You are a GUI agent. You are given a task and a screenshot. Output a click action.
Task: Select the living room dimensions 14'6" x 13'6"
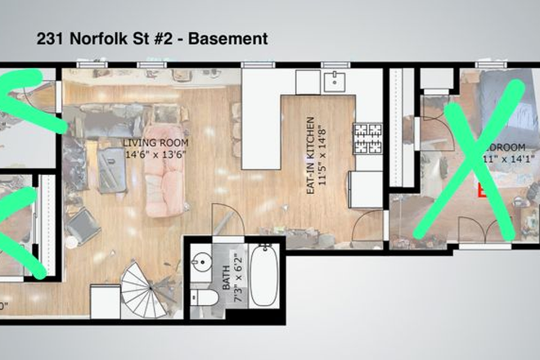tap(155, 153)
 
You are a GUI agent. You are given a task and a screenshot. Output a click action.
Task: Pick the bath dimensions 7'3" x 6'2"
tap(238, 273)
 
